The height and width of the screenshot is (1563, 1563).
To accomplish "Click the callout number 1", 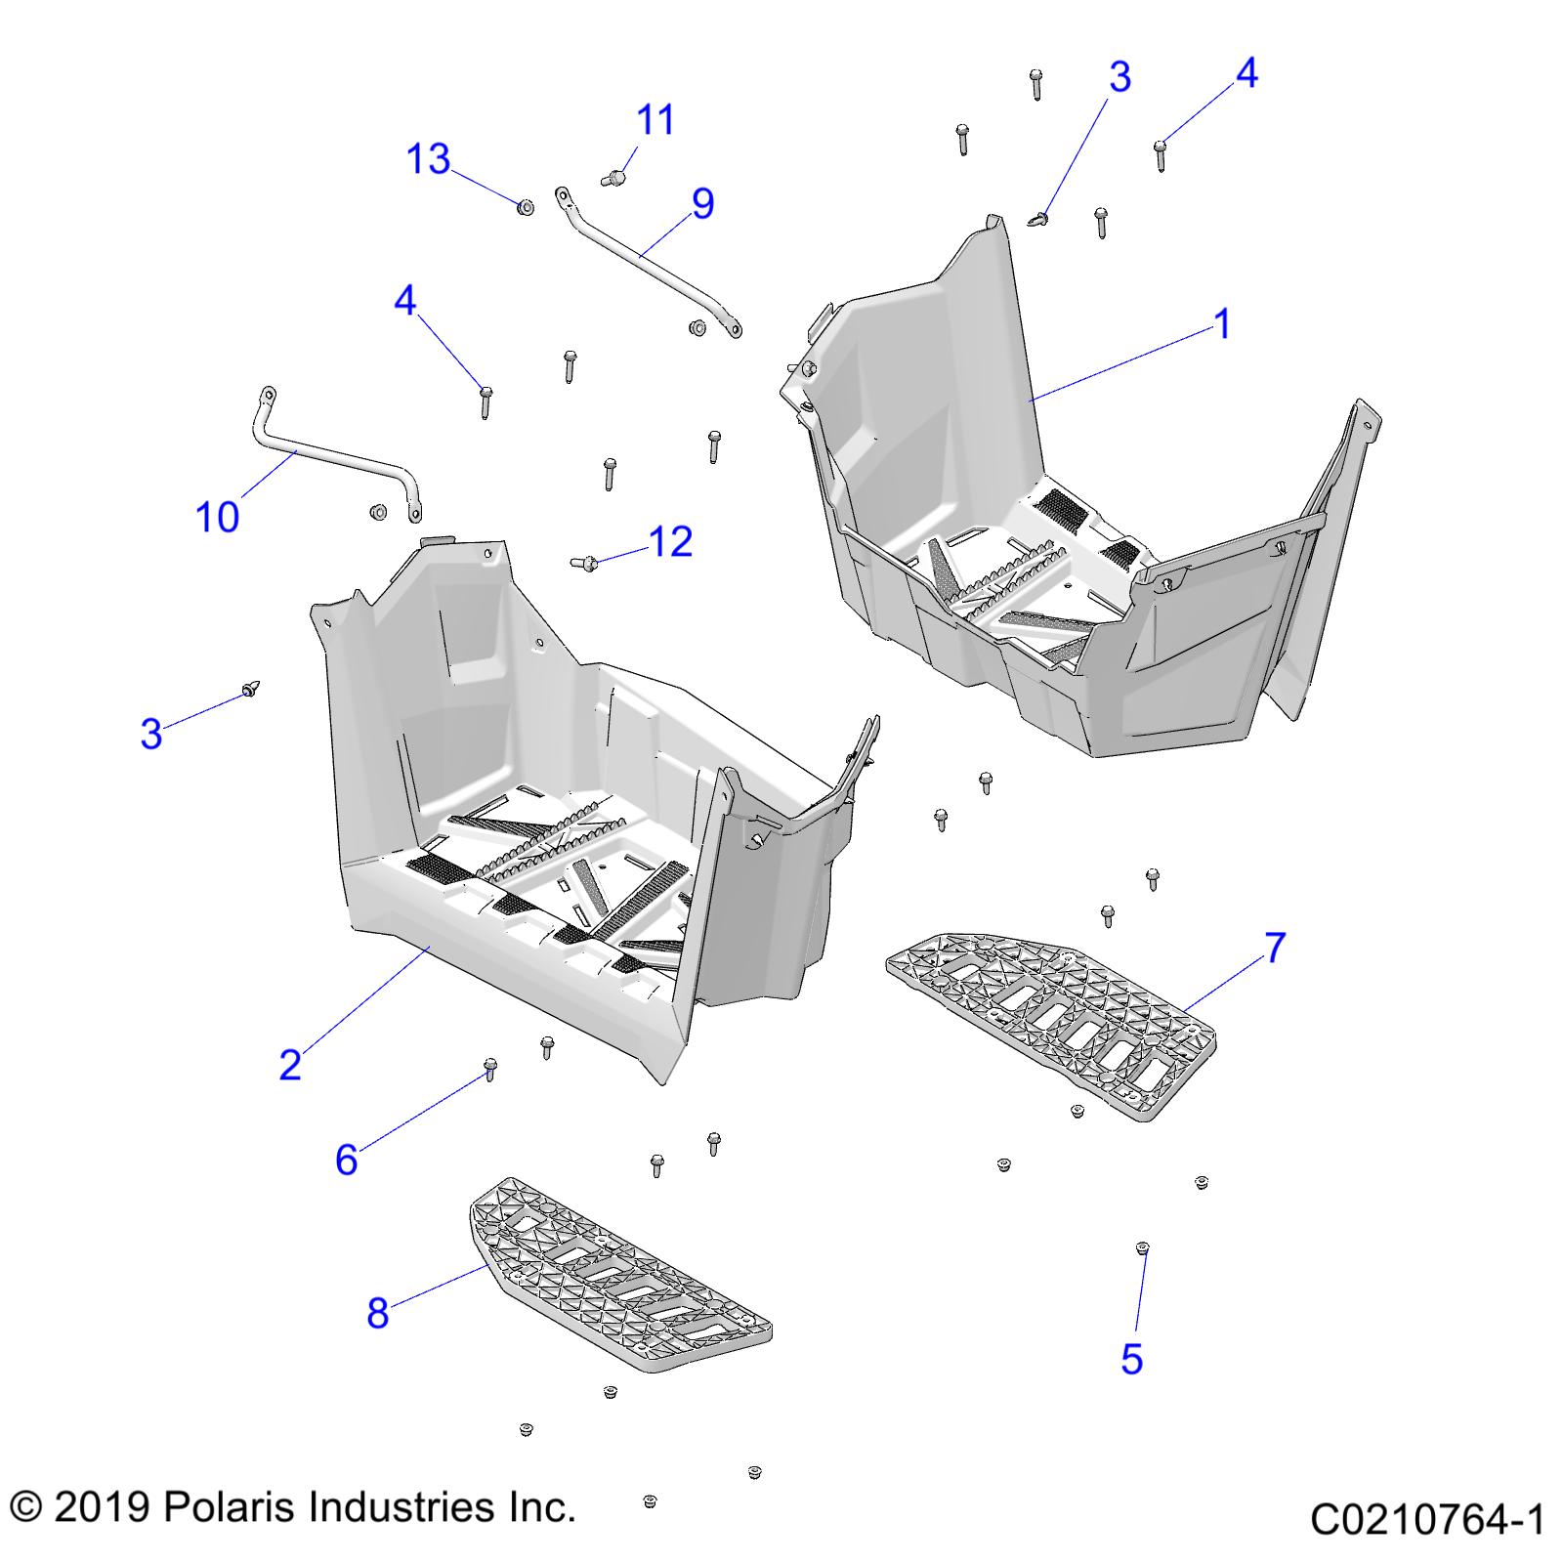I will tap(1222, 323).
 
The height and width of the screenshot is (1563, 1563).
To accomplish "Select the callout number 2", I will tap(290, 1064).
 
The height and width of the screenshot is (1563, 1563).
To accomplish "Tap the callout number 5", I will tap(1131, 1359).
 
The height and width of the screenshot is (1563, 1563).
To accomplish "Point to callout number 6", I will tap(347, 1160).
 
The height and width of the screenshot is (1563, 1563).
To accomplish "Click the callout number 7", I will tap(1275, 947).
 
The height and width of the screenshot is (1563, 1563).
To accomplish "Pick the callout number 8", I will tap(378, 1313).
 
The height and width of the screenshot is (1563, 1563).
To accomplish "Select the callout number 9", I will tap(702, 203).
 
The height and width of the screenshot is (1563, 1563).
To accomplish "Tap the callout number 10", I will tap(217, 517).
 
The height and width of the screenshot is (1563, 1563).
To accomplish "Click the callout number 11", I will tap(655, 120).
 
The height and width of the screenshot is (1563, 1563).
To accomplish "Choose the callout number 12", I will tap(670, 541).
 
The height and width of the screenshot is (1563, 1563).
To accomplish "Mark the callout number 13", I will tap(428, 158).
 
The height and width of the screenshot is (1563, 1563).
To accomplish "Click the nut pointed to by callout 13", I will tap(524, 207).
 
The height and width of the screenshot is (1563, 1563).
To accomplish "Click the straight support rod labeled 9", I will tap(645, 259).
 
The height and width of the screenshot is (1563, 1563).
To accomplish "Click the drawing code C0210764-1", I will tap(1426, 1520).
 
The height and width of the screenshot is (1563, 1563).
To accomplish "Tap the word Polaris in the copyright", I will tap(228, 1507).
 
